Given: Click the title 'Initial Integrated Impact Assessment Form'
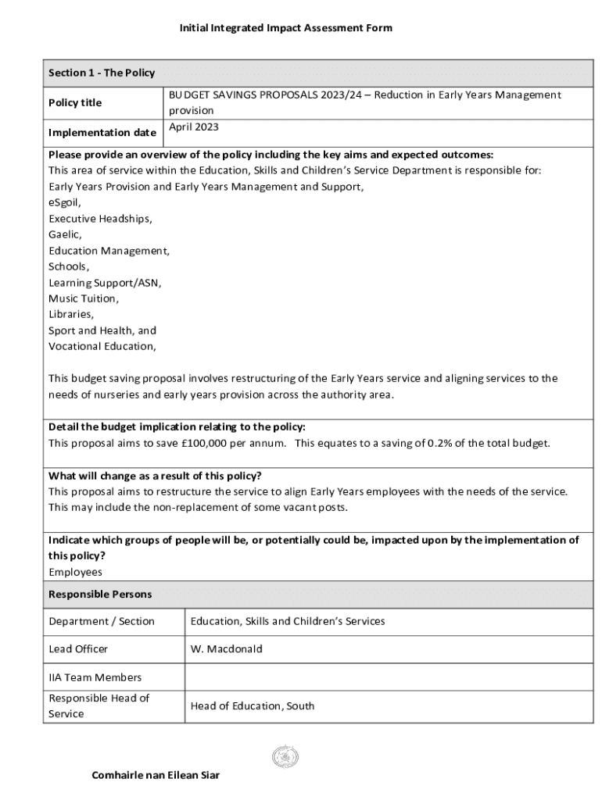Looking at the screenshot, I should click(x=285, y=28).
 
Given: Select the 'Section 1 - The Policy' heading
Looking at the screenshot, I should click(x=102, y=73).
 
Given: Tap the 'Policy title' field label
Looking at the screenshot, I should click(x=75, y=103).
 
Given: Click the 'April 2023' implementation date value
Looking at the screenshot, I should click(x=194, y=127).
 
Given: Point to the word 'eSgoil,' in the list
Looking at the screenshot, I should click(x=65, y=203).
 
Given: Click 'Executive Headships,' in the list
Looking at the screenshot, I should click(x=100, y=219).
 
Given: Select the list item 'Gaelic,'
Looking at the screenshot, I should click(x=65, y=234).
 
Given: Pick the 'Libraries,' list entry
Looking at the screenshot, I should click(x=71, y=314).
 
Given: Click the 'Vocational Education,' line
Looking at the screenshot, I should click(x=102, y=346).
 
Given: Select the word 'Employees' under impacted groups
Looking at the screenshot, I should click(x=75, y=572).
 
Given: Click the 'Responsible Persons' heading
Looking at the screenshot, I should click(x=100, y=595).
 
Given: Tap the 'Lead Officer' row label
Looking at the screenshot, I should click(x=78, y=649).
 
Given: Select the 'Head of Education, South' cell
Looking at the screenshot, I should click(x=253, y=705).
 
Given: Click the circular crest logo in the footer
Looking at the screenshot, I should click(x=285, y=756).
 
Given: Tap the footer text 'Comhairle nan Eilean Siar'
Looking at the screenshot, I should click(x=156, y=775).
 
